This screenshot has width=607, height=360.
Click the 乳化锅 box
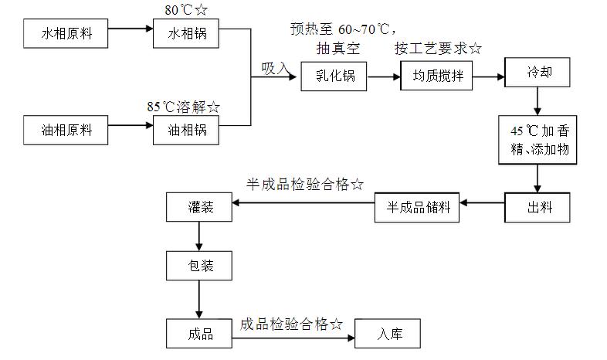334,77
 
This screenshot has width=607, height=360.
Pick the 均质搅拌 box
436,77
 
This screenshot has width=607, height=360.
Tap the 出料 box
537,206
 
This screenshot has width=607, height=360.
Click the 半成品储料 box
416,207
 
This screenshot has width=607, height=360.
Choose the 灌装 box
199,206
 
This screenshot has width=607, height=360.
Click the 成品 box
199,334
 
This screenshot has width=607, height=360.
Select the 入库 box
388,334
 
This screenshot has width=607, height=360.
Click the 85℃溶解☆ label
184,107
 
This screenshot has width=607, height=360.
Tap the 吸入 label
276,69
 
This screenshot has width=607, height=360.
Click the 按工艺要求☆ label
438,49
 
